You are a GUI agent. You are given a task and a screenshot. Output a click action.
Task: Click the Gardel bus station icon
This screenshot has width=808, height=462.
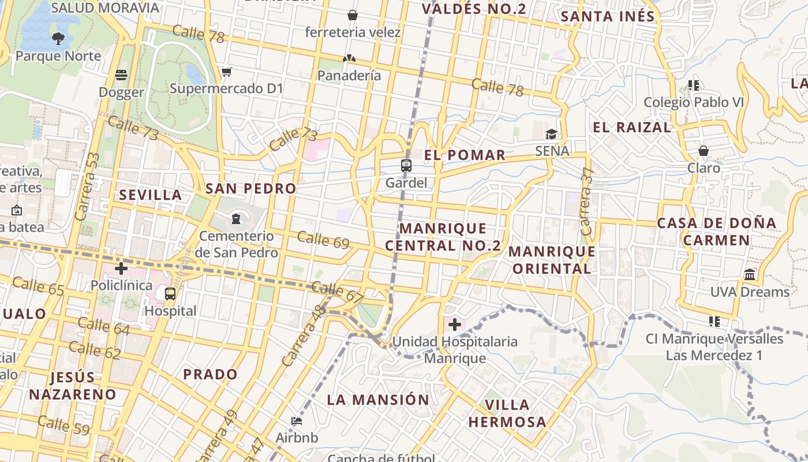point(406,166)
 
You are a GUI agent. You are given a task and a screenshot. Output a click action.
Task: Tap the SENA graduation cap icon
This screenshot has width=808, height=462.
point(552,135)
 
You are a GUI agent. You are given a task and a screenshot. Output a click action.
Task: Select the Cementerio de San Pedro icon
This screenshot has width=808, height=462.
point(235,218)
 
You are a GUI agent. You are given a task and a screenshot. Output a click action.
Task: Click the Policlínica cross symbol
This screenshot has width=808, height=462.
point(121,269)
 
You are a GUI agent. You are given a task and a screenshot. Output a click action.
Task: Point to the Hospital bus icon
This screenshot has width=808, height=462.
point(170,293)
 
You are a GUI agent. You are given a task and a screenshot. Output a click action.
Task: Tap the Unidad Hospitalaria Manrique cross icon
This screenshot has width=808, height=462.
point(455,325)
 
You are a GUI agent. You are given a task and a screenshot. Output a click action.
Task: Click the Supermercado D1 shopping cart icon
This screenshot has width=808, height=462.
point(226,72)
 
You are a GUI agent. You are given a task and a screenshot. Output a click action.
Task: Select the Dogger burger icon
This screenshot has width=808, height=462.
point(121,75)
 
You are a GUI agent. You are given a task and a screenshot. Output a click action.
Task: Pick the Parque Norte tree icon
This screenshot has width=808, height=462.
point(58,39)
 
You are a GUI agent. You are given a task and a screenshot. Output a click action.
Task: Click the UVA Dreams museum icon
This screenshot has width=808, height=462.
point(750,274)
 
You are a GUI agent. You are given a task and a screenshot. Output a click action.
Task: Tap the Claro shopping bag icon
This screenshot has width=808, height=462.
point(704,151)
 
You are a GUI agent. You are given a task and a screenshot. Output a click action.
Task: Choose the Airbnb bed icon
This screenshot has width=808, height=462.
point(297,420)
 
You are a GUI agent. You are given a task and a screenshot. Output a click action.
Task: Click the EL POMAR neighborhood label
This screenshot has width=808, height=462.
point(465,155)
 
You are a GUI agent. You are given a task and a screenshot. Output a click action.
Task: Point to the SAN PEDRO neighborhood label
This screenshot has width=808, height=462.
point(250,188)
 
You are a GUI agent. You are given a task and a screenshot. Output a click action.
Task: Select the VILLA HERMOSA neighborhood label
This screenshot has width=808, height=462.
point(507,413)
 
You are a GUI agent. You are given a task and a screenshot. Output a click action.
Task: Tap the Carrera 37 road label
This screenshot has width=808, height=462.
point(587,201)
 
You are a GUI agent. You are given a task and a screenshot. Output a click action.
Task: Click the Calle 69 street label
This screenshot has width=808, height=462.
point(323,240)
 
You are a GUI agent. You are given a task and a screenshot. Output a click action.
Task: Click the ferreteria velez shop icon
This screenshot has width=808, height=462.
point(352,15)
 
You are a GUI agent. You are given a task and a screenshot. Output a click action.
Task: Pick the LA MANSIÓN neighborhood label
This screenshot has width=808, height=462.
point(378,400)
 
